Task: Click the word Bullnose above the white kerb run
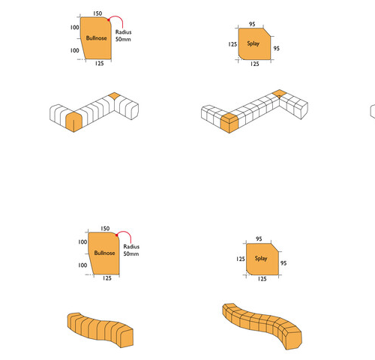coord(96,38)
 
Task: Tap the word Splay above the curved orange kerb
coord(261,258)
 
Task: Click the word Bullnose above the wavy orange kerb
coord(104,253)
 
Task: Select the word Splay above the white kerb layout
coord(253,43)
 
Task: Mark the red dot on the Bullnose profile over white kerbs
coord(109,19)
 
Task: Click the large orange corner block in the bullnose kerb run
coord(73,121)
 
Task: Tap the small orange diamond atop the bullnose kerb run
coord(114,96)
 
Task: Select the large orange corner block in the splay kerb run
coord(229,123)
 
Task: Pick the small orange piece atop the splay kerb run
coord(279,93)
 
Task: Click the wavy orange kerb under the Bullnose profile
coord(100,329)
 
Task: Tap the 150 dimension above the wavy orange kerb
coord(105,229)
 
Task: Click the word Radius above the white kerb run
coord(123,32)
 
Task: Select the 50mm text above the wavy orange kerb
coord(131,253)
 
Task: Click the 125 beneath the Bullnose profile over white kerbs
coord(99,64)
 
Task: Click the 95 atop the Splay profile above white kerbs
coord(252,24)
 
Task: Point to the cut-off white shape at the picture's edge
coord(373,112)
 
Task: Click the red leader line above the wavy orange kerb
coord(125,232)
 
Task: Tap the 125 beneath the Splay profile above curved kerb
coord(262,279)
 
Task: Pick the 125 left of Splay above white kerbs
coord(232,44)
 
